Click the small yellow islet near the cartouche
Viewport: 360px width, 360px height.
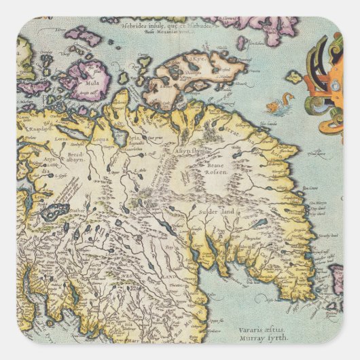[294, 77]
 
